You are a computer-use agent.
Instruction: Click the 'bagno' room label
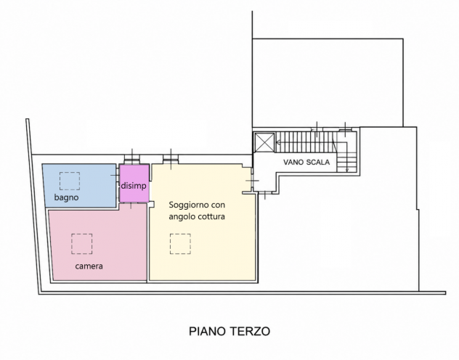[x=66, y=197]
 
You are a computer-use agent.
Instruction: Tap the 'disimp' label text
[x=134, y=186]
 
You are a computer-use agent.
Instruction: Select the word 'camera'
[x=89, y=266]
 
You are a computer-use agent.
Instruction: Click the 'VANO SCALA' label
[x=306, y=162]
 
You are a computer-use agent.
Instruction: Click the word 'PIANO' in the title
[x=208, y=332]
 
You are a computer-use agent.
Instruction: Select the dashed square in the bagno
[x=70, y=181]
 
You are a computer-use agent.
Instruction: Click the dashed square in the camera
[x=81, y=244]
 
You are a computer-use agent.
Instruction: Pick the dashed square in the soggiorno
[x=180, y=244]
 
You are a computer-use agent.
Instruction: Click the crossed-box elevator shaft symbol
[x=264, y=143]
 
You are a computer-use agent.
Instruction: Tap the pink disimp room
[x=134, y=184]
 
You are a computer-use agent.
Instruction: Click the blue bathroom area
[x=80, y=185]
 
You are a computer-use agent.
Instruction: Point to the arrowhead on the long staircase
[x=278, y=143]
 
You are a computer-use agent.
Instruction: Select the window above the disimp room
[x=132, y=160]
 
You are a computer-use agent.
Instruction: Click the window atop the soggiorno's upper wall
[x=171, y=160]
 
